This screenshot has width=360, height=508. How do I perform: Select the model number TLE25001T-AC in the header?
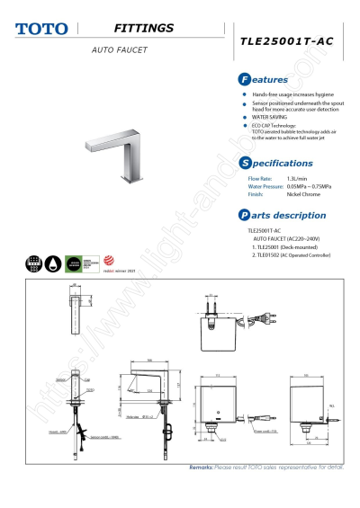(287, 41)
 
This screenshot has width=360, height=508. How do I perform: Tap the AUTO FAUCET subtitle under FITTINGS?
(119, 49)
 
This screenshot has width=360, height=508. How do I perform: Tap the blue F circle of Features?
(244, 80)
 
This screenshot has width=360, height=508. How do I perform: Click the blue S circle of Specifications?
(244, 163)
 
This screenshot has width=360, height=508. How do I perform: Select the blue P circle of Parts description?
(244, 215)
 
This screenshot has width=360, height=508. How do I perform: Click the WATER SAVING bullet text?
(273, 117)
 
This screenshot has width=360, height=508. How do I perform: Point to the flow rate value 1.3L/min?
(298, 179)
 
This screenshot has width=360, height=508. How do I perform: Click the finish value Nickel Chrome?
(304, 193)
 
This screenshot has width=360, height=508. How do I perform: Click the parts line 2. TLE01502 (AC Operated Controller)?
(291, 256)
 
